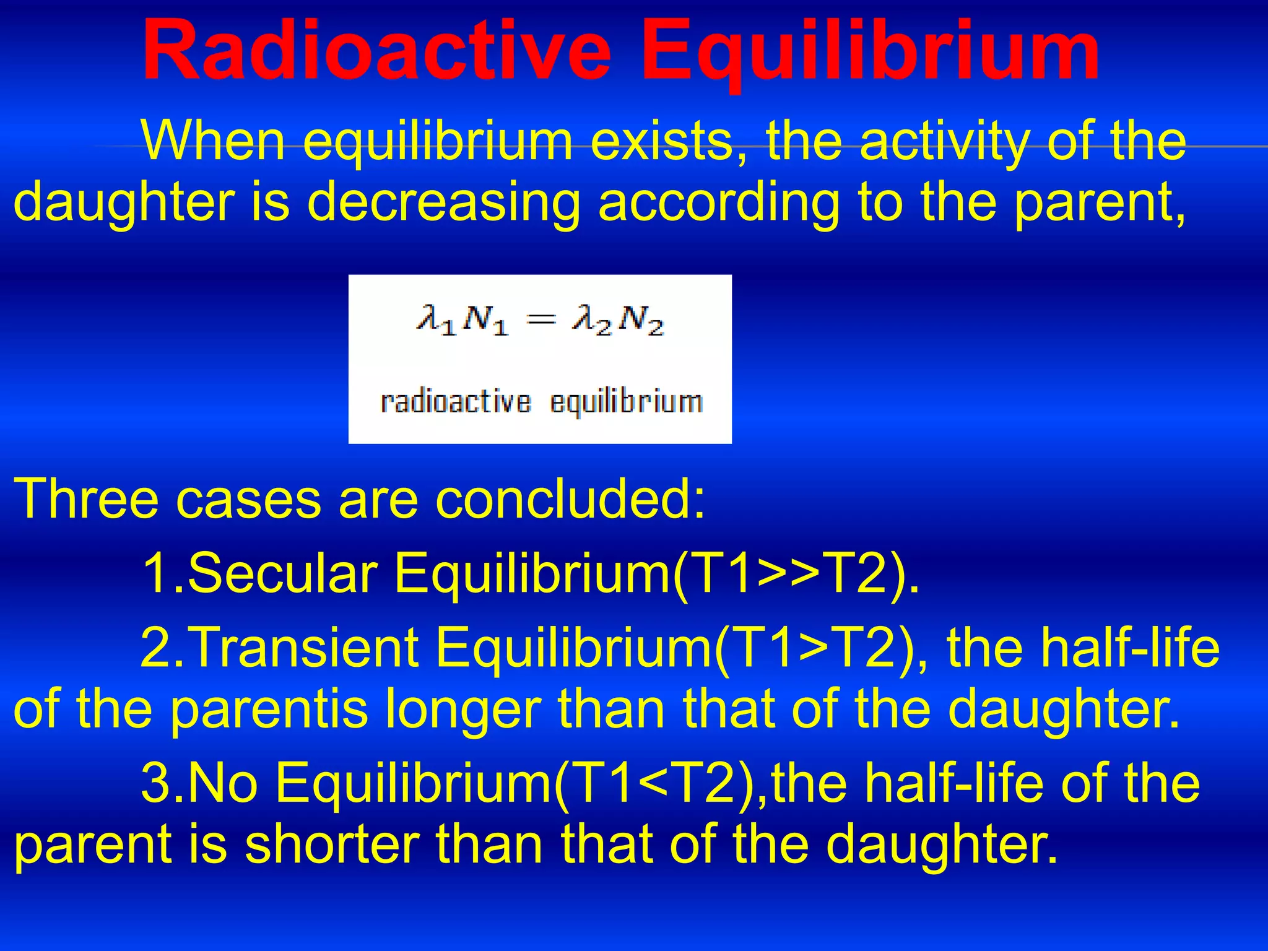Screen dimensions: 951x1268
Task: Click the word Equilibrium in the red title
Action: (869, 51)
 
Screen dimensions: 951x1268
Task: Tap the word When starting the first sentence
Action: (214, 141)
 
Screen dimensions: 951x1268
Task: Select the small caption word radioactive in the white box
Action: (456, 402)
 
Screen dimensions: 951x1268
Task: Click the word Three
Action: (86, 498)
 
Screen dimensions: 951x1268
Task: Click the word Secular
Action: (282, 573)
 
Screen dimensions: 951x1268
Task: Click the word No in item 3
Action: (222, 783)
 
